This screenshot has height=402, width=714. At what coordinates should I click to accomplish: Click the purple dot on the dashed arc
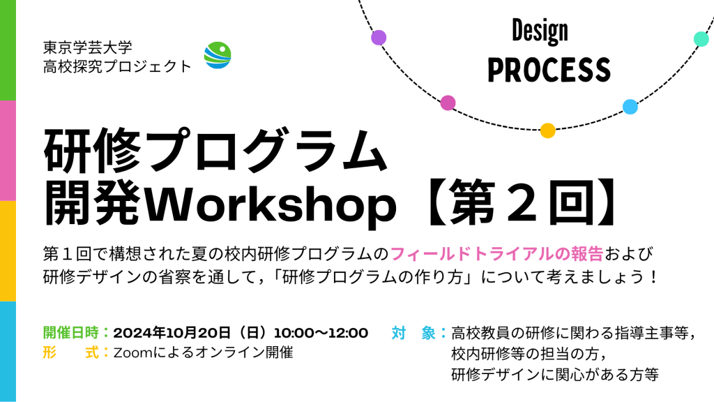click(379, 38)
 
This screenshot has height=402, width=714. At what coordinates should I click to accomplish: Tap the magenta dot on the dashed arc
click(448, 103)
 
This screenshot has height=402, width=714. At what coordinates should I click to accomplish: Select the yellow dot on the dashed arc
click(548, 131)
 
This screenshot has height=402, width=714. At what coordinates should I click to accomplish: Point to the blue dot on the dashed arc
click(630, 107)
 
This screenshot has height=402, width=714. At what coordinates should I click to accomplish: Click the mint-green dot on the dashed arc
click(701, 39)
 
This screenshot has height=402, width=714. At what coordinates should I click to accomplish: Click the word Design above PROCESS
click(540, 31)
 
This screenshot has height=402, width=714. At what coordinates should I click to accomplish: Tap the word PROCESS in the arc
click(549, 70)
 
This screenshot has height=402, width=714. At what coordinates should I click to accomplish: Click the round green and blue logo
click(218, 55)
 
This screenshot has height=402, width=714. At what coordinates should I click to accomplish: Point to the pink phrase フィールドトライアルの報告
click(496, 254)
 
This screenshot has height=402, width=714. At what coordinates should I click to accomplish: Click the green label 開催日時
click(71, 333)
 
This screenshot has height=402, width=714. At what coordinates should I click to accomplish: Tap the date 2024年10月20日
click(172, 333)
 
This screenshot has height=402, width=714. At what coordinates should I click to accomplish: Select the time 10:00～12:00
click(321, 333)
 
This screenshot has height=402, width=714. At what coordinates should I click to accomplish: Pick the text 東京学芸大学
click(88, 47)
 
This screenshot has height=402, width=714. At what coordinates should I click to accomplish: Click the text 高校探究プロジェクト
click(117, 66)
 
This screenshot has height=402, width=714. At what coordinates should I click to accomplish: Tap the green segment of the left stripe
click(8, 50)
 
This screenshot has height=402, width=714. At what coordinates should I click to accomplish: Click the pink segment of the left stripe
click(8, 151)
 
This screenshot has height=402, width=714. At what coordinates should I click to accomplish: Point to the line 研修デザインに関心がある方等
click(555, 375)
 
